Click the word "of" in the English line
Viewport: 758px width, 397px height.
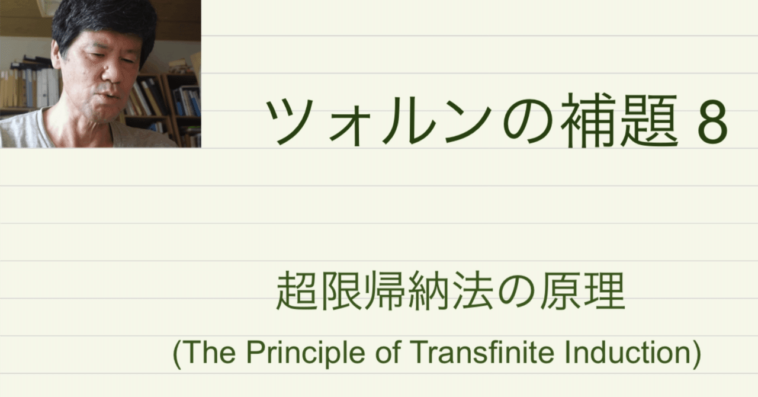[392, 354]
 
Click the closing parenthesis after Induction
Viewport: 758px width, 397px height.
[696, 354]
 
